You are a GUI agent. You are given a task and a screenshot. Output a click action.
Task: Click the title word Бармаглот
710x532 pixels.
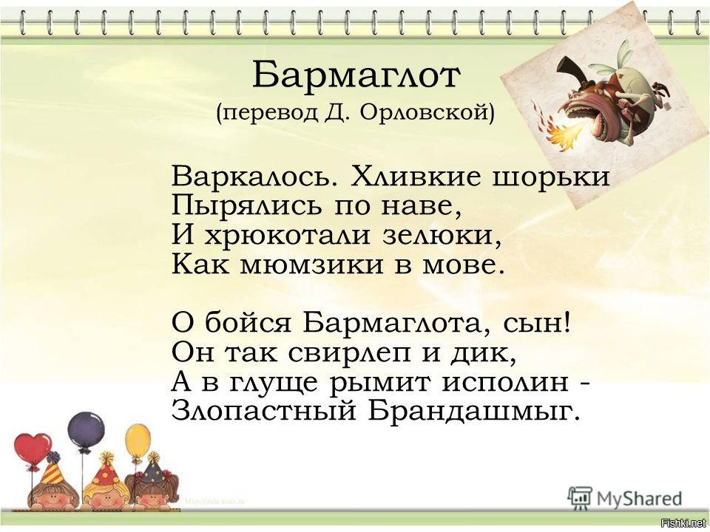coord(356,75)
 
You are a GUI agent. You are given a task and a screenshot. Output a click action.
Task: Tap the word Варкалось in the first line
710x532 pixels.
coord(251,176)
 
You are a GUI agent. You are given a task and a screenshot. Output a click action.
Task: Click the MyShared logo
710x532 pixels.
coord(624,498)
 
